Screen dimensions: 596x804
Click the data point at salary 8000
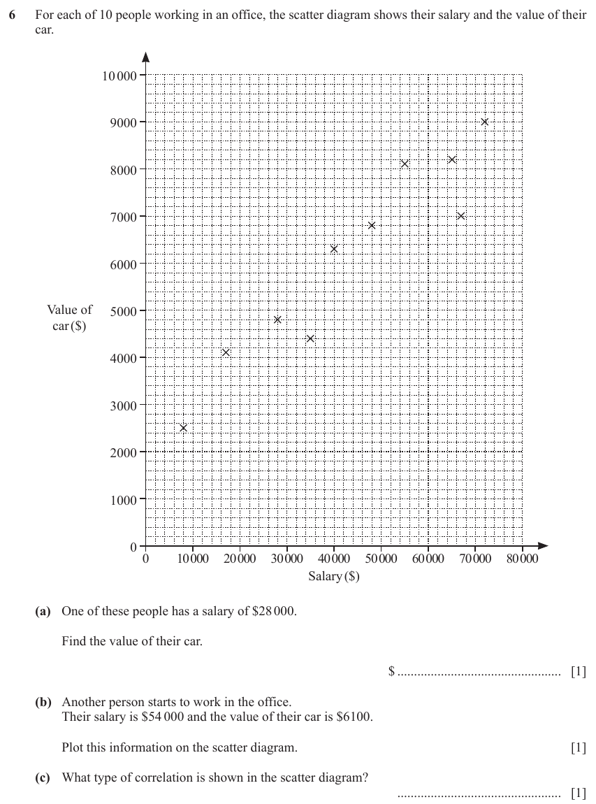point(184,428)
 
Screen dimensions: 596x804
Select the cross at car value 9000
point(485,122)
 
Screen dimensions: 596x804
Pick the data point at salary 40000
point(334,249)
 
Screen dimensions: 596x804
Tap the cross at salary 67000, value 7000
point(461,216)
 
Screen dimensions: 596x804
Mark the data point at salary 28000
point(278,320)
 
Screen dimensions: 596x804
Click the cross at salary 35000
point(310,338)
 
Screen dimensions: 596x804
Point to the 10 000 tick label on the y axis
point(119,76)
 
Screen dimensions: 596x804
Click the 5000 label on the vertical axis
point(124,311)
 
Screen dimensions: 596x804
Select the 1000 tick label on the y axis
point(124,500)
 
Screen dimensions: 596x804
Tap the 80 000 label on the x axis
point(523,559)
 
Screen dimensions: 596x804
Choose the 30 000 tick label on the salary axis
point(287,559)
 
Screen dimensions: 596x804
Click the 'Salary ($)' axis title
point(334,576)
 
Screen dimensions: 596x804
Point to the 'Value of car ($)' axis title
point(70,317)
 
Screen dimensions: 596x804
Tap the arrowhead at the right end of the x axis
point(543,545)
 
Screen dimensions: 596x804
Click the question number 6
point(13,15)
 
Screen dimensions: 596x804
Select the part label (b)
point(43,702)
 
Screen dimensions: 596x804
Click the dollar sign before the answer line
point(392,670)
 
